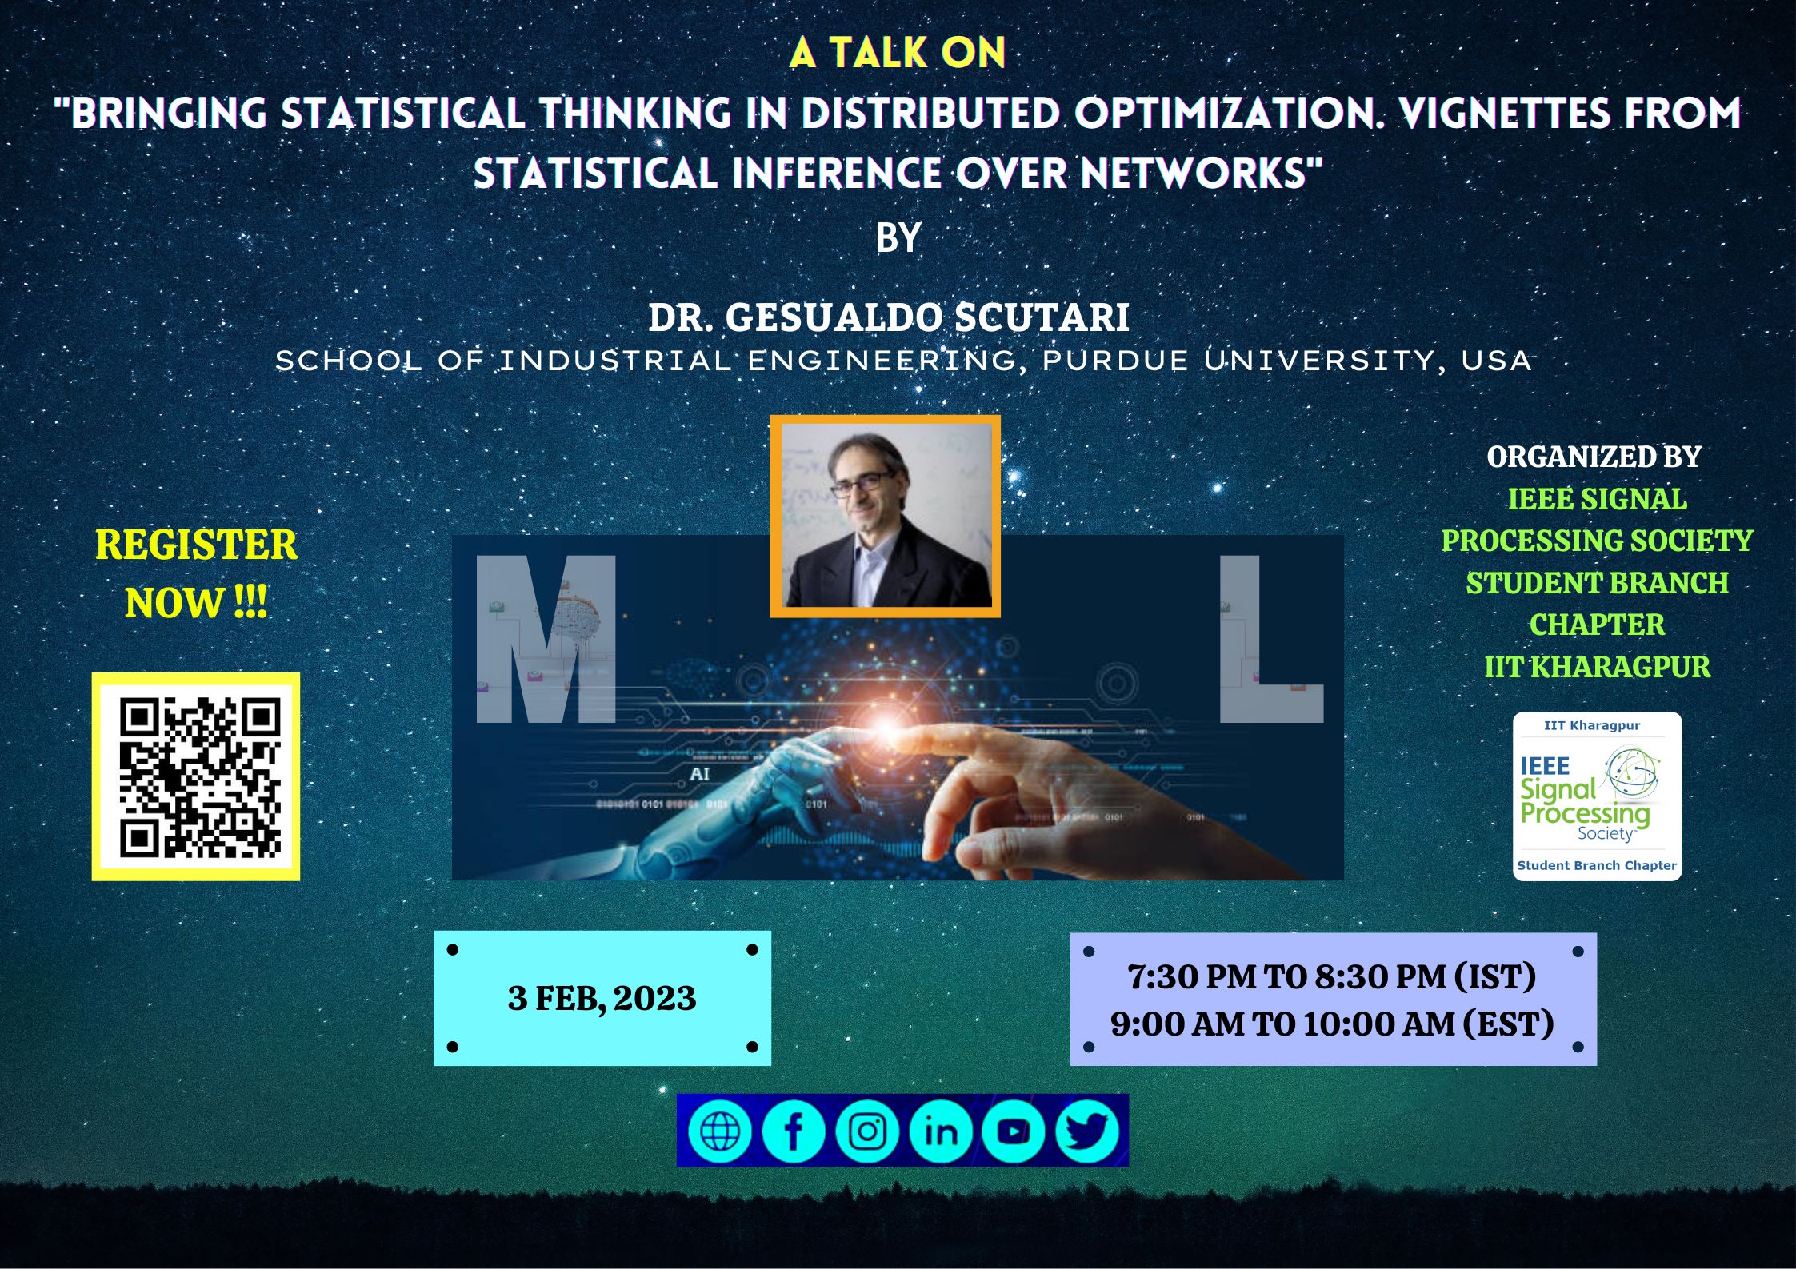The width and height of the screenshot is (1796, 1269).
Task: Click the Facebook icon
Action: (794, 1131)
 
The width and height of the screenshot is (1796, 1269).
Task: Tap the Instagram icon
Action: (867, 1131)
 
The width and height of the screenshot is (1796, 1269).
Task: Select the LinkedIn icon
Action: (941, 1131)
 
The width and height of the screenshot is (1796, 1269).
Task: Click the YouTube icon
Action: (1014, 1131)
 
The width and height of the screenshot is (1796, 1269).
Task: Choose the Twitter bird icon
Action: (1086, 1131)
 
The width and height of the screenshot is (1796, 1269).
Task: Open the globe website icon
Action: (720, 1131)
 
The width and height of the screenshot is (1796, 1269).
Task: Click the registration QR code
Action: (196, 776)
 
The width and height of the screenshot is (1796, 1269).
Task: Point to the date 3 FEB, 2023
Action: (602, 998)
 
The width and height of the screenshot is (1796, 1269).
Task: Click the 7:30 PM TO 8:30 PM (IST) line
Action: (1332, 976)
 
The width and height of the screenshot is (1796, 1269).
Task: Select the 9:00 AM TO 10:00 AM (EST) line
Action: (1332, 1024)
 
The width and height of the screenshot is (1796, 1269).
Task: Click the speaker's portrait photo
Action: (885, 516)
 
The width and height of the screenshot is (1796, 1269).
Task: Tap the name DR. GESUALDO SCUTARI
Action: (889, 317)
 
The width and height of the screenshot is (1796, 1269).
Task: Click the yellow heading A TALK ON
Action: (898, 54)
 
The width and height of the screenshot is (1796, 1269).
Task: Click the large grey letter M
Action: (546, 639)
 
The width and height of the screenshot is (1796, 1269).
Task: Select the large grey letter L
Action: (1270, 639)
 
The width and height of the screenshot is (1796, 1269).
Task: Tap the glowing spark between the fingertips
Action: (886, 726)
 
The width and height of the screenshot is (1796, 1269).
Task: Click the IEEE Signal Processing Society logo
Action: (1597, 796)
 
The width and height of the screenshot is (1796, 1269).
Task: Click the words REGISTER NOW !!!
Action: (196, 573)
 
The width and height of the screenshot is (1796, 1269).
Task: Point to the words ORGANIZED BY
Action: (1594, 457)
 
